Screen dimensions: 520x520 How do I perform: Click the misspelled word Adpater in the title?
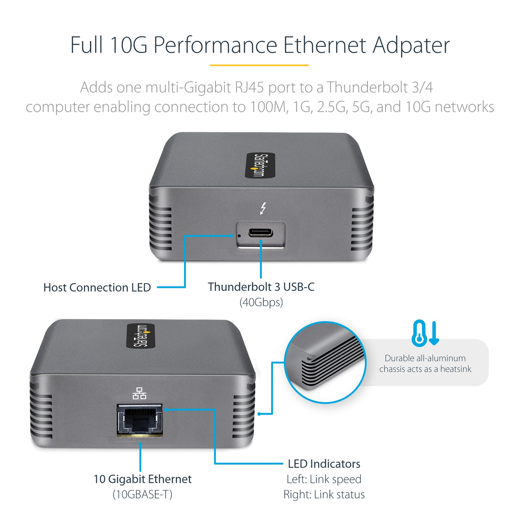[x=411, y=45]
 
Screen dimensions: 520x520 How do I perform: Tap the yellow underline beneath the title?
[x=259, y=65]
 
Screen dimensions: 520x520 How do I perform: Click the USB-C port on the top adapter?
[x=260, y=233]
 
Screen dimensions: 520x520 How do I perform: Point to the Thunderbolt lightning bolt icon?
[x=263, y=208]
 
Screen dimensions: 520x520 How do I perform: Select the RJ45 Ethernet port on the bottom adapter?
[x=140, y=420]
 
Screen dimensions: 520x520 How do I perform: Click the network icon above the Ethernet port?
[x=139, y=393]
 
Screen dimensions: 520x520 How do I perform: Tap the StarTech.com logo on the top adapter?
[x=260, y=165]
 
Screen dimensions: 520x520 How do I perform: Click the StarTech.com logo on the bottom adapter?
[x=141, y=335]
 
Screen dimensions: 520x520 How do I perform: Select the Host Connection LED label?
[x=97, y=287]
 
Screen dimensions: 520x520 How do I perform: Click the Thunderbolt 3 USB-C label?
[x=261, y=287]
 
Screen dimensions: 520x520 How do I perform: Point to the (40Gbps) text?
[x=261, y=302]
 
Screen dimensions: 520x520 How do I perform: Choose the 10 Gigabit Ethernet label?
[x=143, y=479]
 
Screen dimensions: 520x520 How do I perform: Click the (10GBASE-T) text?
[x=143, y=494]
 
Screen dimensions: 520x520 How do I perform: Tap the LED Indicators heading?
[x=324, y=463]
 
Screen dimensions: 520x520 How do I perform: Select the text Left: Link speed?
[x=324, y=479]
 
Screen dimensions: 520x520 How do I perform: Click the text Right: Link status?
[x=324, y=494]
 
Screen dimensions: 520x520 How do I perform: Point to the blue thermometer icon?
[x=419, y=333]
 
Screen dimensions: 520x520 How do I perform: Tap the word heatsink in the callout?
[x=456, y=369]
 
